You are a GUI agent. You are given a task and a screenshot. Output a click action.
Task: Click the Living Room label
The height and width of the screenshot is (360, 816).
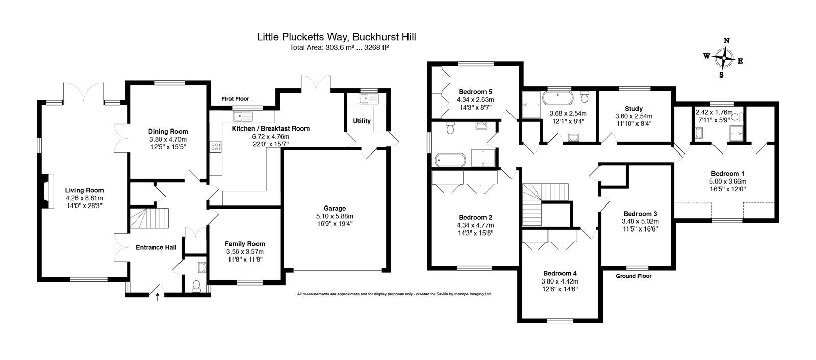tap(84, 190)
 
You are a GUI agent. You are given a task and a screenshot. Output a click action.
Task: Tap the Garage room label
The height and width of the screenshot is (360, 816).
tap(335, 208)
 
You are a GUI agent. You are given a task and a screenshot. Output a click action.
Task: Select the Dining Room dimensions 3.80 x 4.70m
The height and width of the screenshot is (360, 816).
tap(168, 139)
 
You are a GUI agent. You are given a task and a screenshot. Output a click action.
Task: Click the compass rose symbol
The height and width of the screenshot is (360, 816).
tap(723, 58)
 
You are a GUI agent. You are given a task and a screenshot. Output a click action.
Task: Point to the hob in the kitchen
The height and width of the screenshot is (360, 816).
tap(215, 147)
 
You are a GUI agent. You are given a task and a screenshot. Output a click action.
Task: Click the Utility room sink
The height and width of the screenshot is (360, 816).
tap(366, 99)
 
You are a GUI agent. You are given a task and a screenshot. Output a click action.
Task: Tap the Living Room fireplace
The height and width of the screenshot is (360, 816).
tap(46, 190)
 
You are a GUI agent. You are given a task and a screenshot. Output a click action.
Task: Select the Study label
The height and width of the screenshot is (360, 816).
tap(633, 108)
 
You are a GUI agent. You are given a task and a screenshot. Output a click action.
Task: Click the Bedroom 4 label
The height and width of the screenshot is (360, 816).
tap(559, 273)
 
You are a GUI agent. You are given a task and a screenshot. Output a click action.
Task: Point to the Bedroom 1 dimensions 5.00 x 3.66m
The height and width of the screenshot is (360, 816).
tap(727, 181)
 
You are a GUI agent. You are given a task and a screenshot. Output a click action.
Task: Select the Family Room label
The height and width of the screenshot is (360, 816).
tap(245, 244)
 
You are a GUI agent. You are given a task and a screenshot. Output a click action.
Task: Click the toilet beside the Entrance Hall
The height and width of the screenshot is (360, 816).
tap(196, 287)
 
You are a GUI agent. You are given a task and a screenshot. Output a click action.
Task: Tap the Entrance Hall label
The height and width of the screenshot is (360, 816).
tap(156, 247)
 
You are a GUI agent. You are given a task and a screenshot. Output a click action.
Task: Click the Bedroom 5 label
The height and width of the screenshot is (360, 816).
tap(475, 92)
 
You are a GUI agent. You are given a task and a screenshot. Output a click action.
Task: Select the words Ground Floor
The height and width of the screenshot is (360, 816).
tap(633, 276)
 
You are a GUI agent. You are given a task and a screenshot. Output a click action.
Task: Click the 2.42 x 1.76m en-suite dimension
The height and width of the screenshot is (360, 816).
tap(713, 112)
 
